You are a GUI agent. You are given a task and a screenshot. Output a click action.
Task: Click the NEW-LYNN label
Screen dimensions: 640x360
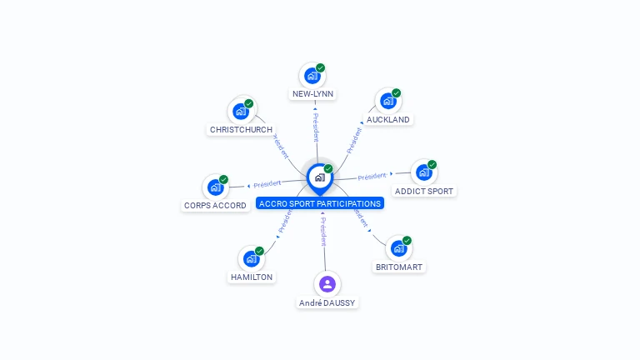[x=312, y=94]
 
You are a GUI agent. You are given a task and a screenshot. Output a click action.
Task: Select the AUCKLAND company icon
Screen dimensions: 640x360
[x=387, y=101]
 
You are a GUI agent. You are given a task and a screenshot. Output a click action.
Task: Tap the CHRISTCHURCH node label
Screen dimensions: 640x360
[x=241, y=129]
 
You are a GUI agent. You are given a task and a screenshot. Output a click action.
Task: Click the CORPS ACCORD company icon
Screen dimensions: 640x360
[x=216, y=187]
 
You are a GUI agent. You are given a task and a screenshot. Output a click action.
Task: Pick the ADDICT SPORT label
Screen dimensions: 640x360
[x=424, y=191]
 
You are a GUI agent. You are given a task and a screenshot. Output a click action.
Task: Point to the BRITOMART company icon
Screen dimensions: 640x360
[x=398, y=248]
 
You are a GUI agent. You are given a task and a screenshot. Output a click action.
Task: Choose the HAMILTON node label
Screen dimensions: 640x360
[x=251, y=277]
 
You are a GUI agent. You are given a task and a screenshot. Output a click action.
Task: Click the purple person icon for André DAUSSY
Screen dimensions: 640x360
[x=327, y=283]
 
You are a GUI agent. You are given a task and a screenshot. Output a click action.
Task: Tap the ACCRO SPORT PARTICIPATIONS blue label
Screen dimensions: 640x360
[x=320, y=203]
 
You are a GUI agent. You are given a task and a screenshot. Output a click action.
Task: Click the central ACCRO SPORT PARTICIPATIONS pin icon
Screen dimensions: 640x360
[x=319, y=177]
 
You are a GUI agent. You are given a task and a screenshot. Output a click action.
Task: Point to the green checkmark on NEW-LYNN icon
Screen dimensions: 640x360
[x=321, y=68]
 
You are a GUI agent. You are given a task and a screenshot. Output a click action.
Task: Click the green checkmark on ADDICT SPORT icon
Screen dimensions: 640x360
[x=432, y=165]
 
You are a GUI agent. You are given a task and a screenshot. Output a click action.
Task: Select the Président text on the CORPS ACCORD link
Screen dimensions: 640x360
[x=267, y=183]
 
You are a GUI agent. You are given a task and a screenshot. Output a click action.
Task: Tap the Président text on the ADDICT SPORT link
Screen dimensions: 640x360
[x=372, y=176]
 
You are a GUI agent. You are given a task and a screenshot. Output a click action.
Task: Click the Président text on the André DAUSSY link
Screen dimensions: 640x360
[x=323, y=231]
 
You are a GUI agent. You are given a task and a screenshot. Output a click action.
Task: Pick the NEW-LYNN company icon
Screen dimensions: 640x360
[x=312, y=76]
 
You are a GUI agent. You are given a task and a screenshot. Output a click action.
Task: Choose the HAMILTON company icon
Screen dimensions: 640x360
[x=251, y=258]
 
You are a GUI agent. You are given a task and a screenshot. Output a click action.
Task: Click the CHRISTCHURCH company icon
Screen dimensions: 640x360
[x=241, y=111]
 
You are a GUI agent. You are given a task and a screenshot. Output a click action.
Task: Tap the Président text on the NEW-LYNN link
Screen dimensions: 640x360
[x=316, y=127]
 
